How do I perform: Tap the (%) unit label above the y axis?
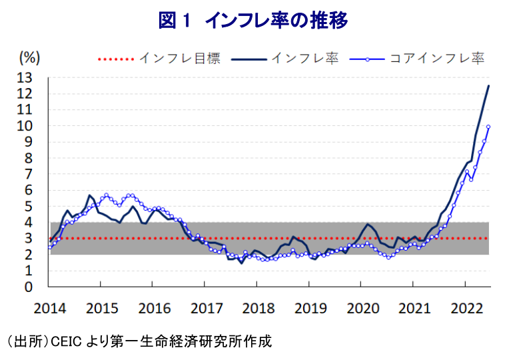coord(31,58)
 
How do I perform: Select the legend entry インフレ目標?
coord(180,59)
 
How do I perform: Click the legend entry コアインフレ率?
coord(436,59)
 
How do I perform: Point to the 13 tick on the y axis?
coord(35,78)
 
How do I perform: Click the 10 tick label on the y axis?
coord(35,126)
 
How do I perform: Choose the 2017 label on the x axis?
coord(204,308)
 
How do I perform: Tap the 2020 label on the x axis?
coord(360,308)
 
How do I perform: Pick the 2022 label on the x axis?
coord(464,308)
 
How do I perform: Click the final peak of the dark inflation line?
coord(489,85)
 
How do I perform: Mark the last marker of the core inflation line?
coord(488,127)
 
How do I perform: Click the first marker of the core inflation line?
coord(49,247)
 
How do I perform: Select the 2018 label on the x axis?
coord(256,308)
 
